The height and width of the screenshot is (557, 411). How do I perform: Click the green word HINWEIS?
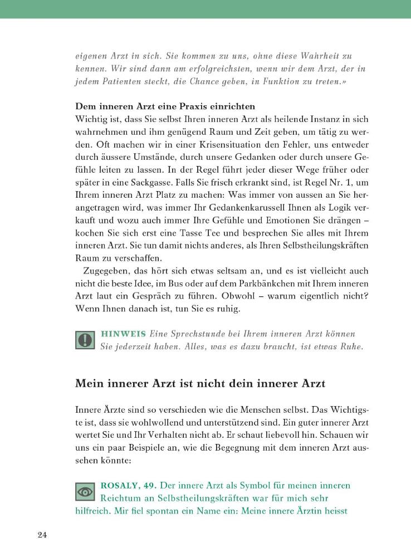tap(122, 334)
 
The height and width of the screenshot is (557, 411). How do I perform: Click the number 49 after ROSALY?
tap(149, 486)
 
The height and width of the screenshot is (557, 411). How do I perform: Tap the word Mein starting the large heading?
tap(89, 384)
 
